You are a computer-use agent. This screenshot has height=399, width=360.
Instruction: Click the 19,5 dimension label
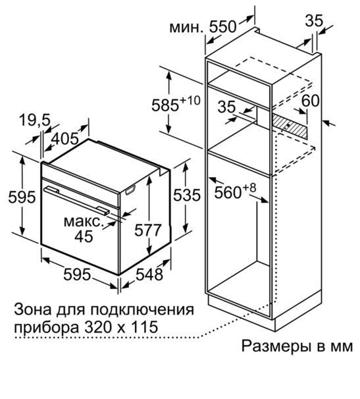[36, 120]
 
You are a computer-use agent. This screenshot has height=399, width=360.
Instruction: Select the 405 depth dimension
[65, 138]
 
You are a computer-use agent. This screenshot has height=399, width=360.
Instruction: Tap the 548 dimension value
[149, 275]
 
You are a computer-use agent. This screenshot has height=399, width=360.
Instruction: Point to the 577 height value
[148, 230]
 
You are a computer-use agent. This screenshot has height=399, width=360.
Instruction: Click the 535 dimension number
[187, 196]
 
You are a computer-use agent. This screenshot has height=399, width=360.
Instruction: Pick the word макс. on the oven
[84, 221]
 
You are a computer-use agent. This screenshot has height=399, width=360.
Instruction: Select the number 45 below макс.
[84, 236]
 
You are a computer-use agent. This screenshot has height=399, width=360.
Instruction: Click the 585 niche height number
[165, 105]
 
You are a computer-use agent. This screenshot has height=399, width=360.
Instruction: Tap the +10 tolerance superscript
[190, 100]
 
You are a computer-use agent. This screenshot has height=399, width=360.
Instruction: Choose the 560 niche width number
[228, 192]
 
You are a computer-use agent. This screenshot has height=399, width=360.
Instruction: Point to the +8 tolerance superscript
[249, 188]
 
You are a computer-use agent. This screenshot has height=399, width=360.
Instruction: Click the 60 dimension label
[310, 101]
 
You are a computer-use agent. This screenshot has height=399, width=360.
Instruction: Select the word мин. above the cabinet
[187, 27]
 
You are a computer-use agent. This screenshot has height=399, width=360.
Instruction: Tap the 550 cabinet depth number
[222, 26]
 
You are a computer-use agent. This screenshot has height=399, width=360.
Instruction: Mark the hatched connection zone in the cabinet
[290, 126]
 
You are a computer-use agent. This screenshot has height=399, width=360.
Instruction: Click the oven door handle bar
[77, 199]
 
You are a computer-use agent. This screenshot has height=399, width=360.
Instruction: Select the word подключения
[141, 309]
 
